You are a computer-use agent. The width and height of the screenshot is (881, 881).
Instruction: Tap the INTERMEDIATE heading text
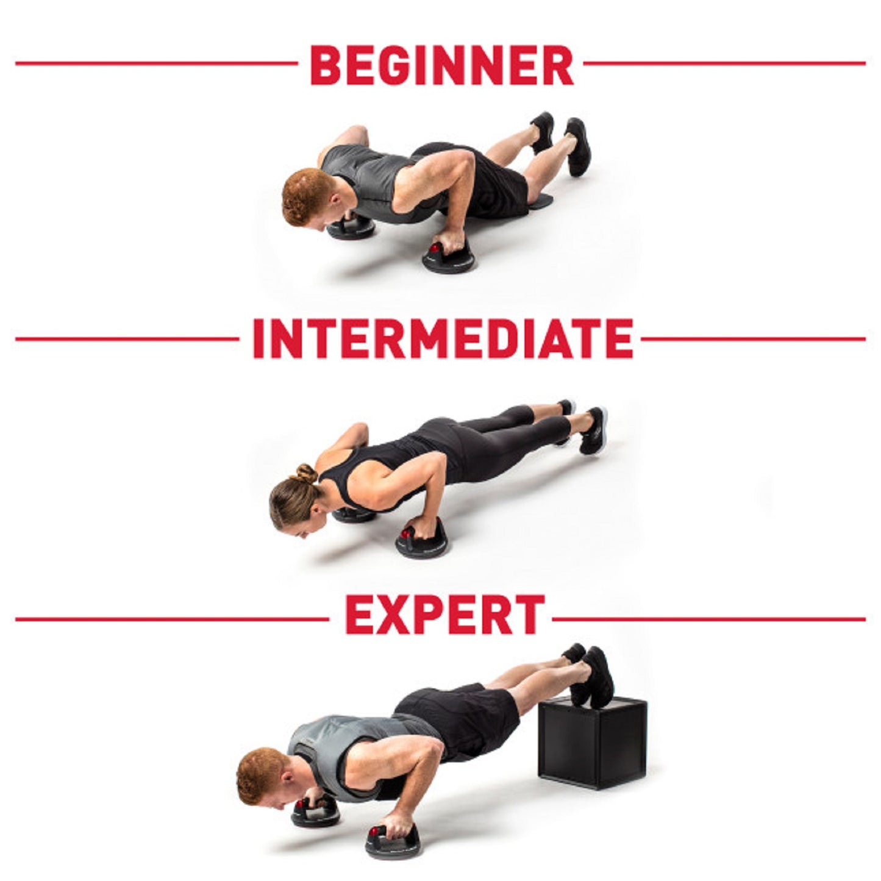pos(443,339)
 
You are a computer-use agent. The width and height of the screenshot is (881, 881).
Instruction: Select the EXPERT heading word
pos(444,616)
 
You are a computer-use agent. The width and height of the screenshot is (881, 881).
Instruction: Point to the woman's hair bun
pos(307,474)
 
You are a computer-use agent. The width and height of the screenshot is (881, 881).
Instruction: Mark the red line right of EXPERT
pos(707,619)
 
